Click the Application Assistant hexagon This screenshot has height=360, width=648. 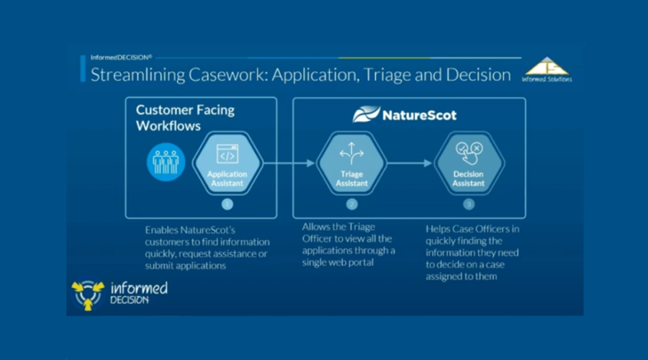(x=228, y=163)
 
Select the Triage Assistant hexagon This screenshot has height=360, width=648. (x=351, y=163)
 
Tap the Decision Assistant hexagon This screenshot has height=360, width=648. (x=469, y=163)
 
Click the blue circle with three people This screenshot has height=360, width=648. (x=166, y=162)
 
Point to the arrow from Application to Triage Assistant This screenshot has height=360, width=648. (x=289, y=163)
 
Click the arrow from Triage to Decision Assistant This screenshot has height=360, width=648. (x=410, y=163)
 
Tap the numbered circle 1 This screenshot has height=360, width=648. (x=228, y=204)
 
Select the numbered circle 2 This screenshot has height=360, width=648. (x=351, y=204)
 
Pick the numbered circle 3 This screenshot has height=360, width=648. (x=469, y=204)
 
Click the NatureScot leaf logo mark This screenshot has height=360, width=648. (x=366, y=114)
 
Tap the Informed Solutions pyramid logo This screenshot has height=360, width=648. (x=546, y=69)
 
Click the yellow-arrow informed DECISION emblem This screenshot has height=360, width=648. (x=88, y=294)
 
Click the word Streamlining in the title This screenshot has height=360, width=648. (x=138, y=75)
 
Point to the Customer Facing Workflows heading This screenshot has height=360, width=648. (x=185, y=118)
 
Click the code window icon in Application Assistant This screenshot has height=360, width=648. (x=228, y=154)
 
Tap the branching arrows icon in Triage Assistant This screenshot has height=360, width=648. (x=351, y=153)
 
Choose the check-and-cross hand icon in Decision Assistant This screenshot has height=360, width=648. (x=469, y=153)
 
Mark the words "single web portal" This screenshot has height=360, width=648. (x=338, y=263)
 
